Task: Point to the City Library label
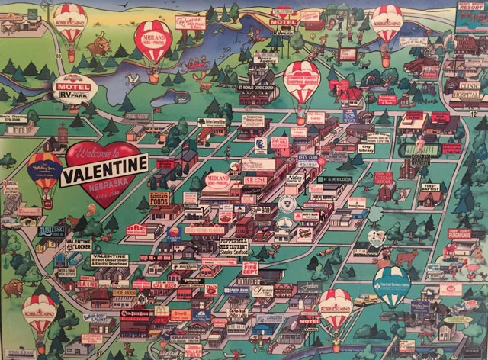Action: tap(370, 148)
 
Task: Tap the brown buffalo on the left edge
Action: tap(14, 288)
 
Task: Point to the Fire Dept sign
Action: tap(250, 268)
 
